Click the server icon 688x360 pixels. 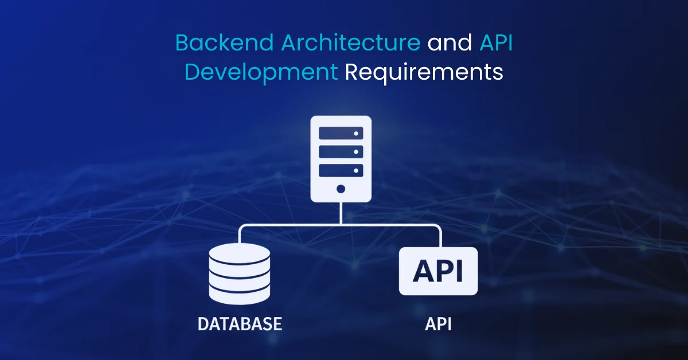[341, 159]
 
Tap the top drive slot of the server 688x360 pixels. [341, 133]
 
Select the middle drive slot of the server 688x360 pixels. [341, 152]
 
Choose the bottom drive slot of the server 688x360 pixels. [341, 170]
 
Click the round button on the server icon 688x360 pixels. [341, 189]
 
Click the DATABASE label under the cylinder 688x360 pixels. [240, 324]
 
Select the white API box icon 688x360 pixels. [438, 271]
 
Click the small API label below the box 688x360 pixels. [438, 324]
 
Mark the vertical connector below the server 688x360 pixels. [341, 213]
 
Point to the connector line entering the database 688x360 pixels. [240, 234]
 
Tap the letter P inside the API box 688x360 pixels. [440, 271]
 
